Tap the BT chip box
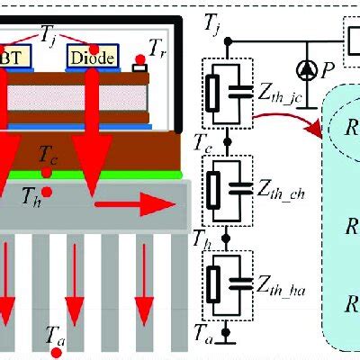point(18,58)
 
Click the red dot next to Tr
point(139,66)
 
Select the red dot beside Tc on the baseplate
point(46,172)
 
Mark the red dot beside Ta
point(57,353)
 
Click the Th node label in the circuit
point(205,239)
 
